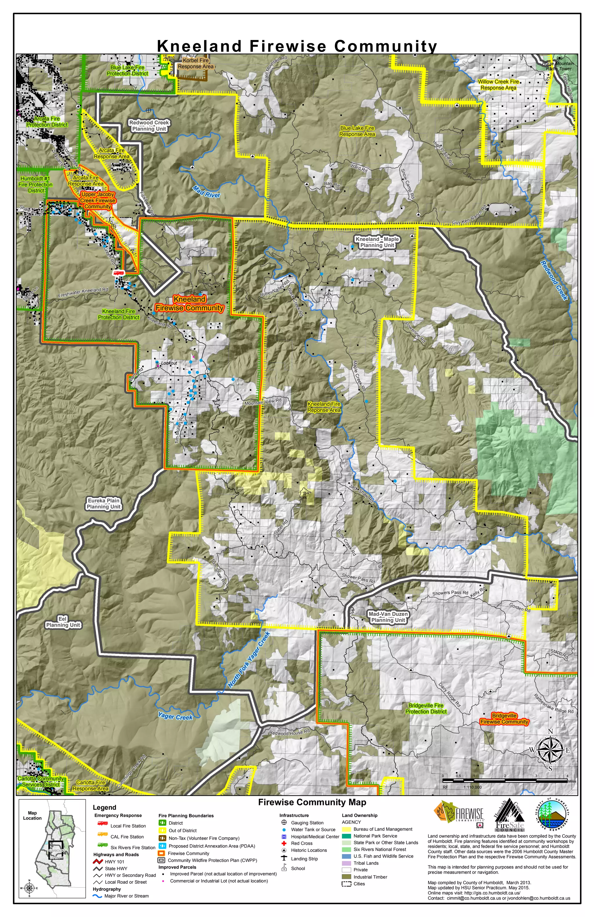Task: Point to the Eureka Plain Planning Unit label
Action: coord(104,504)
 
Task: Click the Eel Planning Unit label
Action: coord(63,622)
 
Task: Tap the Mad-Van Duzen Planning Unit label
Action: coord(388,617)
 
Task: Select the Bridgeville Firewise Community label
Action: coord(504,719)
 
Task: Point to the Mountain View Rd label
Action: coord(263,402)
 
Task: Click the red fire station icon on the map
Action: coord(118,273)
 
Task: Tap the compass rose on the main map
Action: coord(550,750)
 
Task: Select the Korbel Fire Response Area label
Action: coord(195,63)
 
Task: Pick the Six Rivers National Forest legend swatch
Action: coord(346,849)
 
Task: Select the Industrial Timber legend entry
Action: coord(346,876)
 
